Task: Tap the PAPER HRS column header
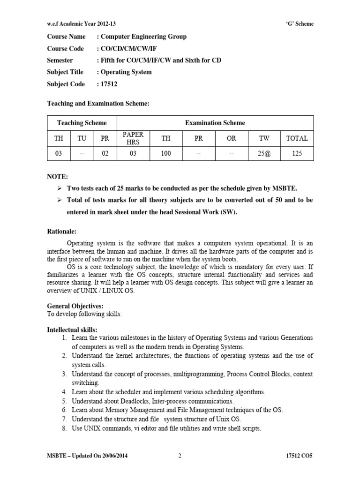133,138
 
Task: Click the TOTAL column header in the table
297,138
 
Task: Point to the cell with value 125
297,153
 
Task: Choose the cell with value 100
166,153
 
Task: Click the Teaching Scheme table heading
82,123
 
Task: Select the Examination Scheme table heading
215,123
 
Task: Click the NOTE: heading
57,177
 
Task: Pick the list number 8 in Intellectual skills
64,428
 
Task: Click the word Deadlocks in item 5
133,401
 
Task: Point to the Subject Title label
65,72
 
